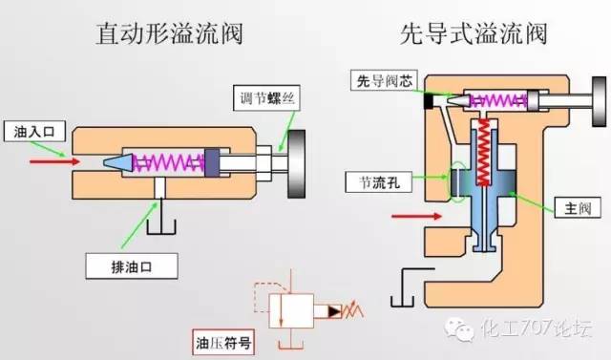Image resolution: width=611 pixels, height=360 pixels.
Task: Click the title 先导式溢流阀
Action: pos(474,35)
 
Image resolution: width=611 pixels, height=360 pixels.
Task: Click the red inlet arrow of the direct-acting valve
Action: pos(48,161)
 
